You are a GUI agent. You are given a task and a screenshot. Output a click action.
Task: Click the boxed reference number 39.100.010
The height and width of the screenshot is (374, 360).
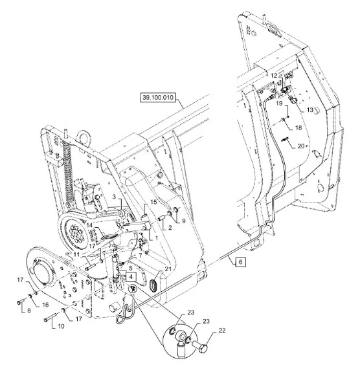coord(158,98)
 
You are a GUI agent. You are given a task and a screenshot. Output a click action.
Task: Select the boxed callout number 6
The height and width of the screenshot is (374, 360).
coord(240,262)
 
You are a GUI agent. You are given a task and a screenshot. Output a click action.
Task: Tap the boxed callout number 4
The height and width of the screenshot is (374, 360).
coord(131,277)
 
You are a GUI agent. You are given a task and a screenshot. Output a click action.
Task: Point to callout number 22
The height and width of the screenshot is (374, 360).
coord(222,331)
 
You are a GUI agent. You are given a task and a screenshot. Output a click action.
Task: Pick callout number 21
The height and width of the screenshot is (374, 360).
coord(168,269)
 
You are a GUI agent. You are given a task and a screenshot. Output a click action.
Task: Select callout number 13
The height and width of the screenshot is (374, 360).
coord(310,110)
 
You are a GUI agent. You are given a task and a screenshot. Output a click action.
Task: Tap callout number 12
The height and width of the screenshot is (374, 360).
coord(275,76)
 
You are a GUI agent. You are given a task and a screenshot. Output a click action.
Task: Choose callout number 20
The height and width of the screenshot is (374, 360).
coord(301,146)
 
